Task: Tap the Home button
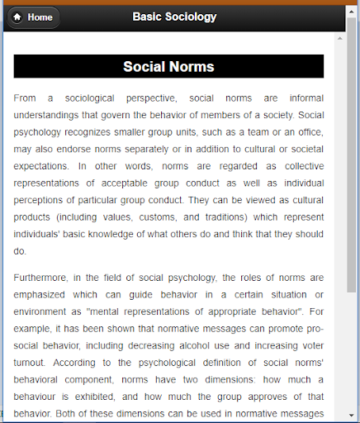(32, 17)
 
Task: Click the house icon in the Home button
(17, 17)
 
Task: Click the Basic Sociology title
(174, 17)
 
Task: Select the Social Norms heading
(168, 67)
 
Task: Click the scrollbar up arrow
(352, 39)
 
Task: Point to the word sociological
(116, 97)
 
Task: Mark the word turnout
(33, 364)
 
